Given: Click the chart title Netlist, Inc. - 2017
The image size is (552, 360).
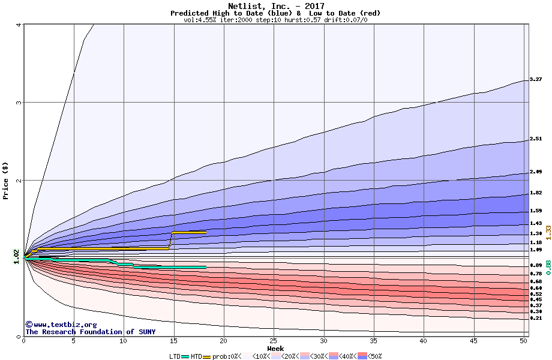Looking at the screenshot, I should (x=275, y=6).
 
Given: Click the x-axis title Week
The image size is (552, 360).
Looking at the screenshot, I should (x=275, y=349).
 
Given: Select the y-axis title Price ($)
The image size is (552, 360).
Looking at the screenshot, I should (x=6, y=180).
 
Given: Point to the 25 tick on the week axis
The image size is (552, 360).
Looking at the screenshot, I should (x=274, y=341).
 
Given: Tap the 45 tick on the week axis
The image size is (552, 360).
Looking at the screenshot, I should (x=473, y=341).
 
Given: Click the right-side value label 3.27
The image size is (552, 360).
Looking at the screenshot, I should (x=536, y=79).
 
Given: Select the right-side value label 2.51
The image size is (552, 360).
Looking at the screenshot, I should (x=536, y=139).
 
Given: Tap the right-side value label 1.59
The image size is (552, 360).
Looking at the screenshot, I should (x=536, y=211).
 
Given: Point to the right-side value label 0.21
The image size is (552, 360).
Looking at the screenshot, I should (x=536, y=319).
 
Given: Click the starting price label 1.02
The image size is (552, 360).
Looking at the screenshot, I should (x=16, y=257).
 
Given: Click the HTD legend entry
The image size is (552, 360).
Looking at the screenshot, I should (x=196, y=356).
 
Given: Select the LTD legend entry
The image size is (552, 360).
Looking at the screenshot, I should (x=175, y=356).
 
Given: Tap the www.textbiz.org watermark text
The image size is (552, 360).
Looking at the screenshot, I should (x=56, y=325).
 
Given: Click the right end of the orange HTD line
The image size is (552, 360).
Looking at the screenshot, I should (x=205, y=232).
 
